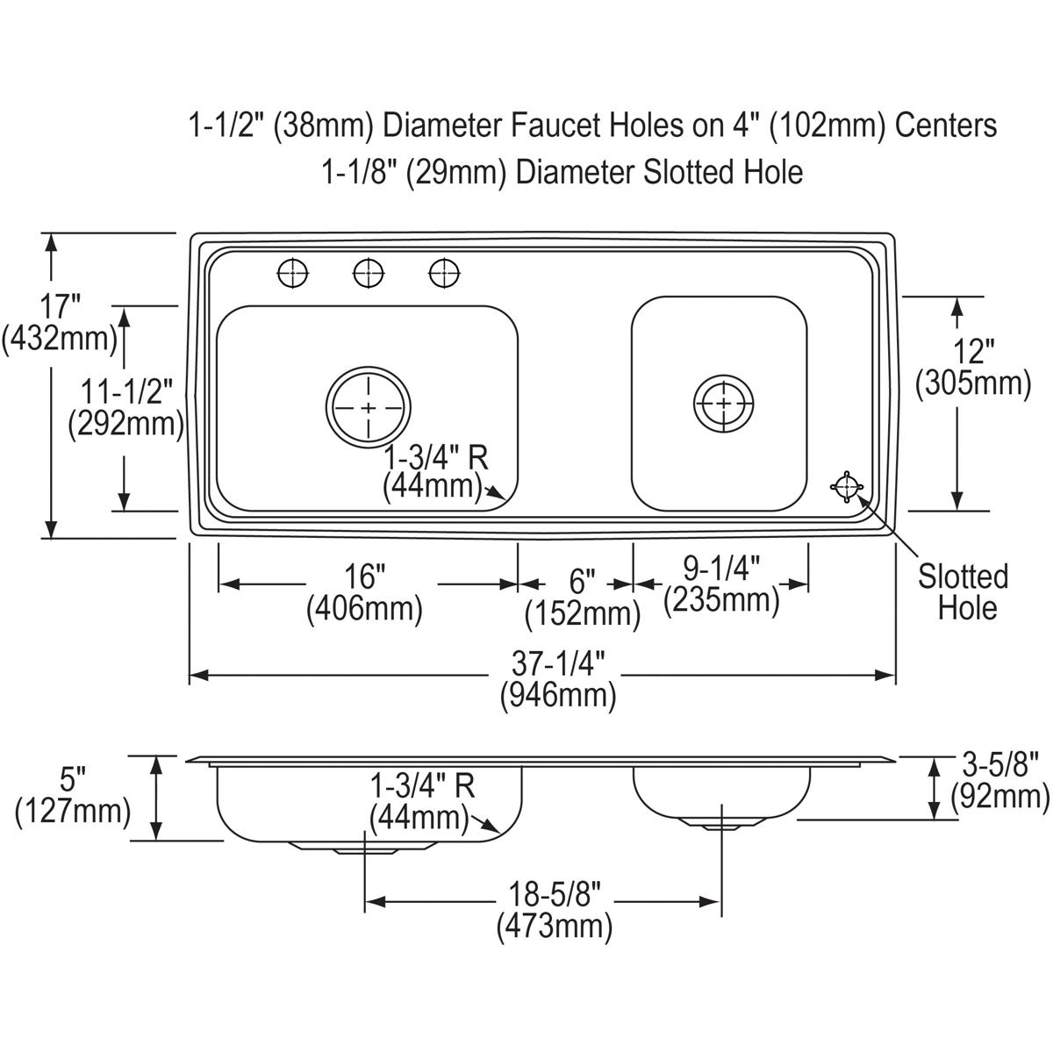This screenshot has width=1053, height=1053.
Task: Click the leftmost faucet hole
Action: (293, 273)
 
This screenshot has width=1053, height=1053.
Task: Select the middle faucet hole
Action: (369, 273)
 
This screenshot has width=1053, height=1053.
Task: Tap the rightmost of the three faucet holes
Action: (444, 273)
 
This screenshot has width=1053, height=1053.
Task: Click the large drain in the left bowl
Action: (369, 407)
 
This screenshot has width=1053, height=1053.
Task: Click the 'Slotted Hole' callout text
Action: (963, 592)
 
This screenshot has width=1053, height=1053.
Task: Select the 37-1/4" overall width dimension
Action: (558, 680)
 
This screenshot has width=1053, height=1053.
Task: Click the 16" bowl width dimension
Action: (364, 592)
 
